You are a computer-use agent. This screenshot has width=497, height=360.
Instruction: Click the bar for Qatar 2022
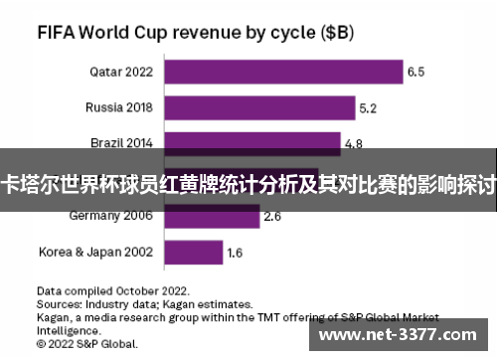283,72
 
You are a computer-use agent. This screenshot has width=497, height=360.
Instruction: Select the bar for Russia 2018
259,107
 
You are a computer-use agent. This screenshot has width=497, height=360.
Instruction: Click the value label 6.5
415,72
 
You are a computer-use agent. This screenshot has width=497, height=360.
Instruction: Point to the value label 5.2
368,107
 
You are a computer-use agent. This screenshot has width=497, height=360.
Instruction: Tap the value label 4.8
353,143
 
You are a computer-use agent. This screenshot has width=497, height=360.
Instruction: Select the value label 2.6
272,215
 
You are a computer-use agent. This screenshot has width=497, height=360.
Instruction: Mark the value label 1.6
235,253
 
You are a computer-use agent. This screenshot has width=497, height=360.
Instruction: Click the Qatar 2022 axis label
120,72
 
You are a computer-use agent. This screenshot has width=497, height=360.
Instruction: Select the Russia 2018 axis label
118,107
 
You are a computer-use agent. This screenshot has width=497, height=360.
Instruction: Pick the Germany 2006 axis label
110,215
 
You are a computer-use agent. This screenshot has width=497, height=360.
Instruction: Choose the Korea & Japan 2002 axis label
95,252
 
